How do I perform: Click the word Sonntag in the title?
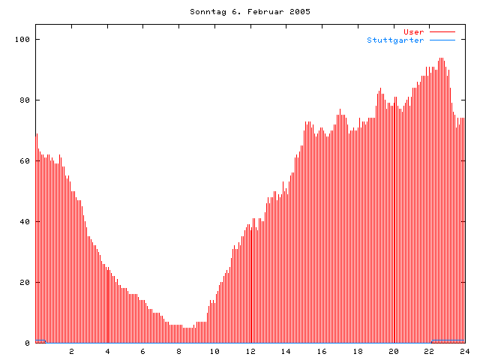coord(206,12)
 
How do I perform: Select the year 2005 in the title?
coord(298,12)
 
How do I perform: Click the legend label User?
coord(414,32)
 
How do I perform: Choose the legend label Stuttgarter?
coord(395,40)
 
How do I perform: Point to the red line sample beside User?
coord(442,32)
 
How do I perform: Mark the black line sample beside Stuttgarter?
coord(442,40)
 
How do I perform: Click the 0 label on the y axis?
coord(27,343)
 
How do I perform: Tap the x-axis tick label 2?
coord(72,351)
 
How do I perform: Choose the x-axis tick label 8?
coord(179,351)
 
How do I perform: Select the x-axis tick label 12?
coord(250,351)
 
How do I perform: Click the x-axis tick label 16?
coord(322,351)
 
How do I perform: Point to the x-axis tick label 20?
coord(393,351)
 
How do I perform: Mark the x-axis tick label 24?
coord(464,351)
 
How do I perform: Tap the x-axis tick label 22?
coord(429,351)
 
